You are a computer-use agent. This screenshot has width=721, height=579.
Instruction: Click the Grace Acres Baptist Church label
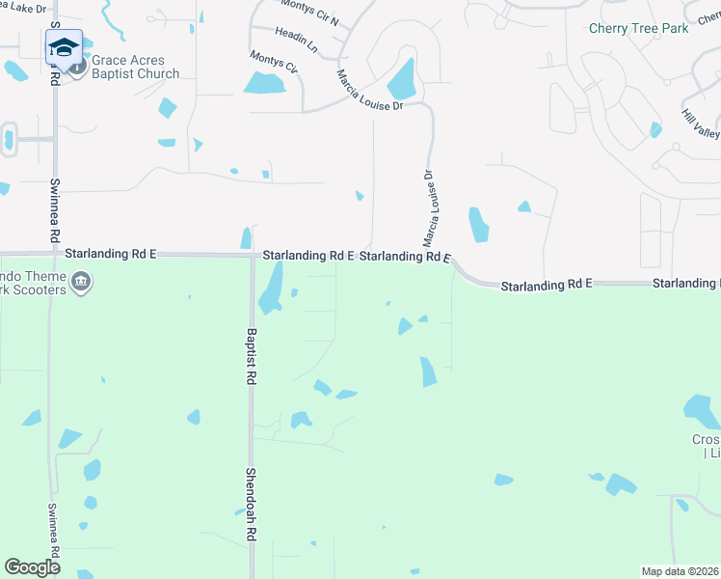tap(136, 68)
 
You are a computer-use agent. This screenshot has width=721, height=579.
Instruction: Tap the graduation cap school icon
tap(64, 47)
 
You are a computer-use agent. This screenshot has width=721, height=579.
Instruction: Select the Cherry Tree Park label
tap(639, 28)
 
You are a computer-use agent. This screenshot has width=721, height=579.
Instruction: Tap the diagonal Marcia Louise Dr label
tap(369, 91)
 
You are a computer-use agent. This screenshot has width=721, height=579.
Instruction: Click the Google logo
tap(33, 567)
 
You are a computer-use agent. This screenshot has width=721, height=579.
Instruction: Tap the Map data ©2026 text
tap(680, 570)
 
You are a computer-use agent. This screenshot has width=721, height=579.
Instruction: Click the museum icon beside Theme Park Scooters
tap(82, 283)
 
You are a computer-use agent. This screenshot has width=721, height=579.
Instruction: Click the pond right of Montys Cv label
tap(264, 83)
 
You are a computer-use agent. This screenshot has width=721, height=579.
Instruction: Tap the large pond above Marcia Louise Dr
tap(402, 78)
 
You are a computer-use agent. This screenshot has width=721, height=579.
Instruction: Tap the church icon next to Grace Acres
tap(77, 66)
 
